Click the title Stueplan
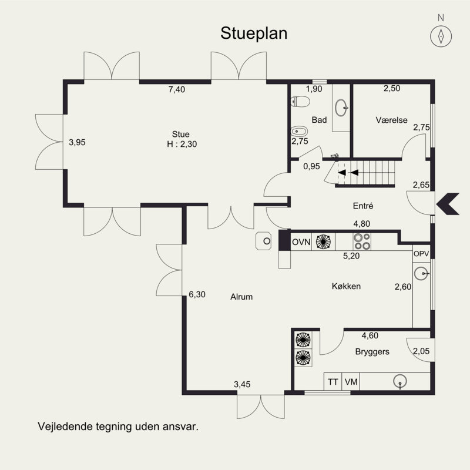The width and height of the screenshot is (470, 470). click(254, 33)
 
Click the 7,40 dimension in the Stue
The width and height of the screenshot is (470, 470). click(176, 90)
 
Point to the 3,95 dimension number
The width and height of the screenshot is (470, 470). click(77, 142)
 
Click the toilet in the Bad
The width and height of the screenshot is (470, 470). click(300, 102)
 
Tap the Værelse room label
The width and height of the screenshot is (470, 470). click(391, 120)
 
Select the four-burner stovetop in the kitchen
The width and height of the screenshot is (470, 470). click(361, 241)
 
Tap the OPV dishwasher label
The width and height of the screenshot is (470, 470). click(422, 254)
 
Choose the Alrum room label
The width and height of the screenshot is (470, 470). click(241, 297)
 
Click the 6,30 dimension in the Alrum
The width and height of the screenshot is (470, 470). click(197, 295)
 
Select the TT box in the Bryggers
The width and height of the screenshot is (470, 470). click(333, 381)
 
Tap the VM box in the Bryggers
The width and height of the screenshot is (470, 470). click(351, 381)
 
